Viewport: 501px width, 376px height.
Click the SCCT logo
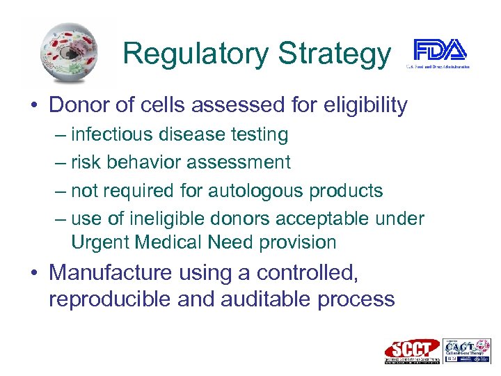coord(412,350)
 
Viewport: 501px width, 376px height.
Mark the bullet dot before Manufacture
coord(33,274)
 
